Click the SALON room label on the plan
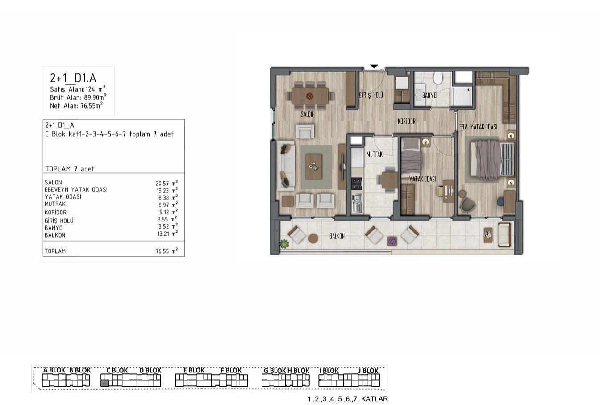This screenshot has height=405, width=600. point(307,114)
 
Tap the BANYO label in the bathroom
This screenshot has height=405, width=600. point(429,96)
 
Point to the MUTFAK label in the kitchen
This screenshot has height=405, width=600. point(375,154)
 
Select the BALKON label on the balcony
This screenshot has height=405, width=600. point(337,236)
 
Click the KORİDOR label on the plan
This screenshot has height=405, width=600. point(407,121)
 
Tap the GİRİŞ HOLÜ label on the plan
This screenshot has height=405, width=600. point(371,95)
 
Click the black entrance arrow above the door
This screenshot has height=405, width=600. point(374,66)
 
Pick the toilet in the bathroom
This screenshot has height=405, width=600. point(438,78)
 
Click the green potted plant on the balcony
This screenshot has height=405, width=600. point(284,244)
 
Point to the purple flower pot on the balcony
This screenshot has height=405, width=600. point(392,241)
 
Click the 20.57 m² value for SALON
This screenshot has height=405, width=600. point(167,183)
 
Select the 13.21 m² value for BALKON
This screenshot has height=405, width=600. point(167,234)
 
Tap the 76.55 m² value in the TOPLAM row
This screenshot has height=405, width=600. point(167,251)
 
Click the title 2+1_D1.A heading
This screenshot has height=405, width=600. point(73,78)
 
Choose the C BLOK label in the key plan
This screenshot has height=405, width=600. point(117,370)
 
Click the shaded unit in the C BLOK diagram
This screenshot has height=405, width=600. point(105,383)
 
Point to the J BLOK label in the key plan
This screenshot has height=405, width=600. point(368,371)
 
